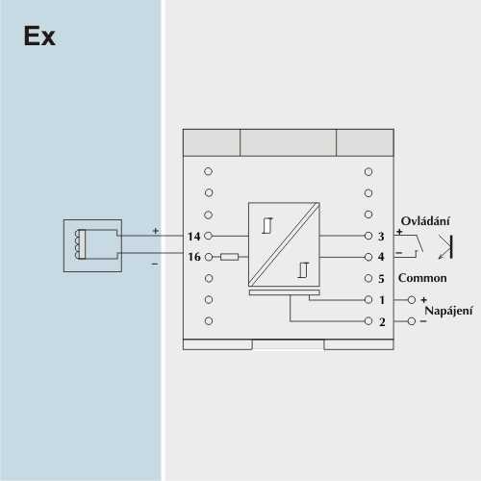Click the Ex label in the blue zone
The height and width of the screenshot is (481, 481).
click(x=39, y=36)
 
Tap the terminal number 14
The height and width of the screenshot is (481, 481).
click(x=194, y=237)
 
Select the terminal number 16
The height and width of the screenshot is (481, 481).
click(x=194, y=257)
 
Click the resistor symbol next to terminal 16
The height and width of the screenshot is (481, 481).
click(x=229, y=257)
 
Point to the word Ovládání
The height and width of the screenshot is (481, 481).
click(x=425, y=220)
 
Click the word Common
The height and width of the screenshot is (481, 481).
click(x=422, y=278)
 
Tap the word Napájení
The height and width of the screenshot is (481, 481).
click(x=448, y=311)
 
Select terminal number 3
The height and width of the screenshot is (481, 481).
click(x=381, y=237)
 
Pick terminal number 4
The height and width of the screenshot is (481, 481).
click(x=381, y=257)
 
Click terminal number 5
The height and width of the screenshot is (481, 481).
click(x=381, y=279)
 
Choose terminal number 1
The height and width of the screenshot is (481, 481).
click(x=382, y=300)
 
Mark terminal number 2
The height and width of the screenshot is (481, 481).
click(x=382, y=322)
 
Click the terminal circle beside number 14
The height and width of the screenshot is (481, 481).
click(x=209, y=236)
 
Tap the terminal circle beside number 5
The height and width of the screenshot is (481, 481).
click(x=368, y=278)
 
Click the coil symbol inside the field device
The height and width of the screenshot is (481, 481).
click(x=77, y=244)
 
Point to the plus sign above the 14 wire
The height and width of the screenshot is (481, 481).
click(x=156, y=231)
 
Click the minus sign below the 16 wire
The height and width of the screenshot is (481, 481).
click(x=155, y=264)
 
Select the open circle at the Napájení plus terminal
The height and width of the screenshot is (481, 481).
click(x=412, y=300)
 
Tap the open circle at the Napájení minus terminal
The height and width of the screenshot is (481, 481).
click(x=412, y=321)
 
